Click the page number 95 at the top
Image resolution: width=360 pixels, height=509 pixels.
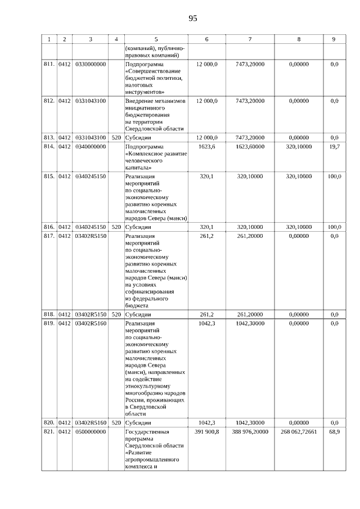point(192,19)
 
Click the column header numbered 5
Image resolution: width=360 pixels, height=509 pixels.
point(156,39)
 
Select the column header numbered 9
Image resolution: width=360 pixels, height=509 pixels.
point(334,39)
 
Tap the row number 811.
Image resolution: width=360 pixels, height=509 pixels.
point(49,65)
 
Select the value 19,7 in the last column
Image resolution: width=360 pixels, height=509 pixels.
point(334,146)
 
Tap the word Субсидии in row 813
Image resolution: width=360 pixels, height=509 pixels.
point(138,137)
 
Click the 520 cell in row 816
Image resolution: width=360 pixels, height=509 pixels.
point(116,227)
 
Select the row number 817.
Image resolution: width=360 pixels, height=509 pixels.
point(49,236)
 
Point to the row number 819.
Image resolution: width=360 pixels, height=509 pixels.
point(49,323)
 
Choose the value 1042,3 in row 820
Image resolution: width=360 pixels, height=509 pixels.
point(207,422)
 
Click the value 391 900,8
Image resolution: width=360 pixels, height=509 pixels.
point(206,431)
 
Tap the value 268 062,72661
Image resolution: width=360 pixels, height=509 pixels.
point(298,431)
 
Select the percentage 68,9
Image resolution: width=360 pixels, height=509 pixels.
point(334,431)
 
